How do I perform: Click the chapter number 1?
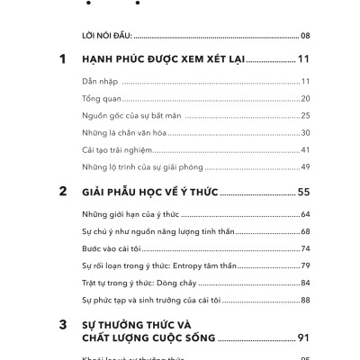(63, 59)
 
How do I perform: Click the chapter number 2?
(63, 191)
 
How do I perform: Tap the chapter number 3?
(63, 323)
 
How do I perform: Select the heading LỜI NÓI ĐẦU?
(107, 36)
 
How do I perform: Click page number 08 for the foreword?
(305, 36)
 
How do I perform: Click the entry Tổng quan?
(101, 98)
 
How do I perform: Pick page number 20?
(305, 98)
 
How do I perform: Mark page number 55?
(303, 192)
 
